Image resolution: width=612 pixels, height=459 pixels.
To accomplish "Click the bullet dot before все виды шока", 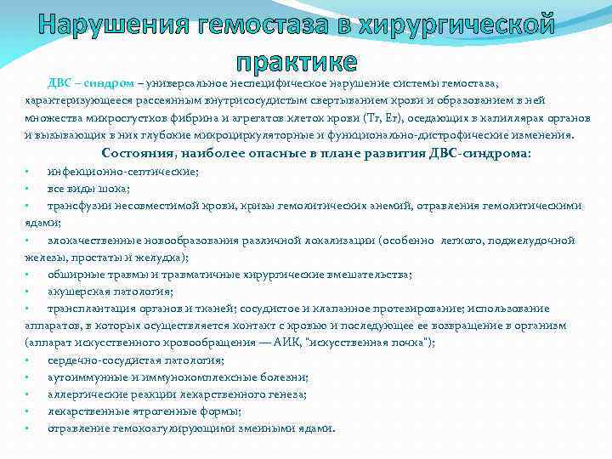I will (x=27, y=189).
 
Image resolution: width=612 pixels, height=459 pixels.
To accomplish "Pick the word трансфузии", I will (x=81, y=206).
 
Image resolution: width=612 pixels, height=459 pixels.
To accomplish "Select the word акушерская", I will (x=76, y=291).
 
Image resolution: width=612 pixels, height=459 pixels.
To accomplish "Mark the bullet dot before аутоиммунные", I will (x=27, y=377).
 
